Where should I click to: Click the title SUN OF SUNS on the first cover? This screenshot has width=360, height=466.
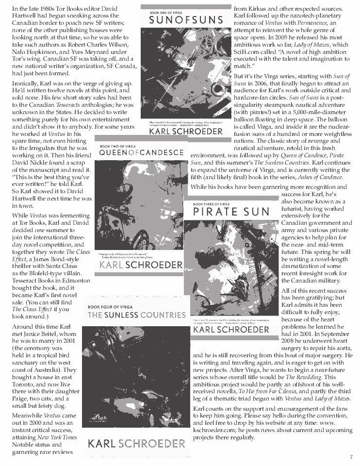pyautogui.click(x=186, y=20)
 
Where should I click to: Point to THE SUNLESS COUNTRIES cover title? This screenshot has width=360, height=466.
pyautogui.click(x=136, y=315)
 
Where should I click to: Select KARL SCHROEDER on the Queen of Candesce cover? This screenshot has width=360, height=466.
pyautogui.click(x=141, y=265)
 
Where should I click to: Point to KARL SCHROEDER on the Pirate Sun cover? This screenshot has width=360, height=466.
pyautogui.click(x=230, y=330)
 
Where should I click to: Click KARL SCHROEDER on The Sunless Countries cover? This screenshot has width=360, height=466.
pyautogui.click(x=136, y=443)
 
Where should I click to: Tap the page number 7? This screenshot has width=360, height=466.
pyautogui.click(x=351, y=457)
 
